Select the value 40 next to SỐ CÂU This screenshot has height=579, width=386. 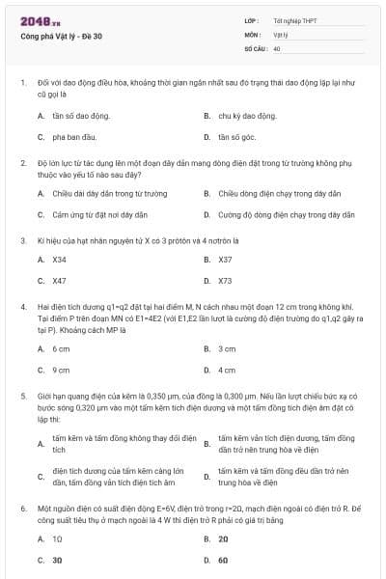[277, 47]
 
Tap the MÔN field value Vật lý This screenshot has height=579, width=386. [281, 34]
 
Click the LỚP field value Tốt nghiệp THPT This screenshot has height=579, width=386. [293, 20]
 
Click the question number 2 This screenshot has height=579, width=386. [22, 163]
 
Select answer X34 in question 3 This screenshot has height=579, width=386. [60, 259]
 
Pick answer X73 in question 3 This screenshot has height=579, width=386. [226, 281]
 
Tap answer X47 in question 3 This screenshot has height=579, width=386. [60, 281]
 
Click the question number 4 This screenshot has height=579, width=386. [22, 306]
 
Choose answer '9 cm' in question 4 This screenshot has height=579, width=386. [61, 370]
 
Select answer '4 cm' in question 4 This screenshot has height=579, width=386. [227, 370]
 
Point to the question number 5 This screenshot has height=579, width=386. [22, 395]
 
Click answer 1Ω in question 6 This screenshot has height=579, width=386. [58, 538]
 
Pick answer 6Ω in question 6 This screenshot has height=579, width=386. [223, 560]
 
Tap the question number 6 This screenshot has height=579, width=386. [22, 507]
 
